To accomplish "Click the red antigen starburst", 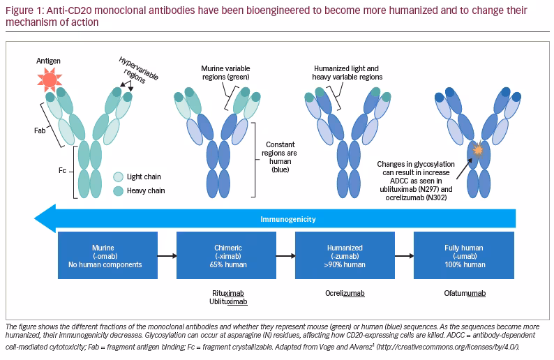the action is (50, 79).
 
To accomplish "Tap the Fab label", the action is (40, 130).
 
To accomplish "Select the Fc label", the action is (62, 171).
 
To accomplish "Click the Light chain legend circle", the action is (119, 177).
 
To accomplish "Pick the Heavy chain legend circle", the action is (119, 190).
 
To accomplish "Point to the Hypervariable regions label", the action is (138, 70).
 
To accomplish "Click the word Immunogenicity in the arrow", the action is (288, 219).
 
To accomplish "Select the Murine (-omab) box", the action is (107, 255).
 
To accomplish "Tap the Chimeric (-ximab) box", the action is (227, 255).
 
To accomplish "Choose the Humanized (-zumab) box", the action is (345, 255).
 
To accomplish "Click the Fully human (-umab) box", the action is (464, 255).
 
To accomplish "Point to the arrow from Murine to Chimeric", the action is (167, 256).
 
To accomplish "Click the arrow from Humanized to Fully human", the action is (404, 256).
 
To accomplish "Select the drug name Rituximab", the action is (228, 293).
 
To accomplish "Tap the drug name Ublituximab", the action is (228, 301).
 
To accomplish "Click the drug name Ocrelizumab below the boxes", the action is (345, 293).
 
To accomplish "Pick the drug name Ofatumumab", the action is (465, 293).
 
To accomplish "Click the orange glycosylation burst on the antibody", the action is (478, 150).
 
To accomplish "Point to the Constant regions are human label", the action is (280, 157).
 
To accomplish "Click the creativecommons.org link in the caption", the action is (448, 347).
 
